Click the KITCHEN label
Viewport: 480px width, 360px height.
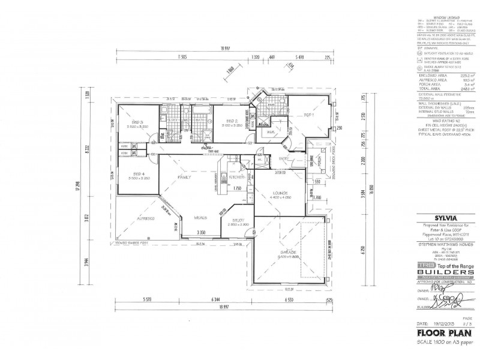[x=235, y=178]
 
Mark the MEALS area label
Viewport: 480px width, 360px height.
[x=200, y=218]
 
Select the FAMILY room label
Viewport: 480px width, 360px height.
[x=183, y=178]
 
